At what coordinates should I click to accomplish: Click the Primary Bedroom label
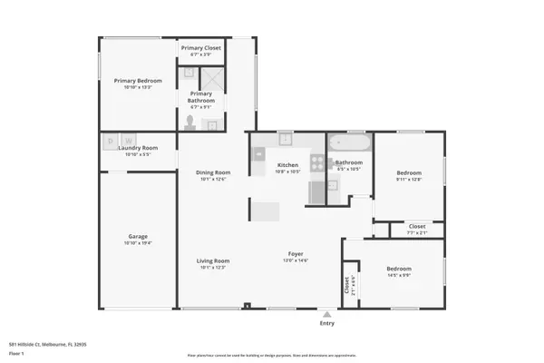[131, 81]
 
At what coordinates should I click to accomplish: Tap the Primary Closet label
[200, 47]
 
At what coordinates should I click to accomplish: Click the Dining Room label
[213, 172]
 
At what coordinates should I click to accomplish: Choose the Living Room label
[213, 261]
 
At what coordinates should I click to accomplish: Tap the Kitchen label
[287, 164]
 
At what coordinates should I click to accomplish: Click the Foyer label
[296, 255]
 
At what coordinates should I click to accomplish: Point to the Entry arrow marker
[327, 315]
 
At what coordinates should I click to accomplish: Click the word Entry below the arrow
[327, 324]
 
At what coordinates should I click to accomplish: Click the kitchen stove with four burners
[317, 162]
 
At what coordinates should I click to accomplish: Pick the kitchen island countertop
[266, 211]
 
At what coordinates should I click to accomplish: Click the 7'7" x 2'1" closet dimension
[417, 232]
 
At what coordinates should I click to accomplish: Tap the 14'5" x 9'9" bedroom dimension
[399, 275]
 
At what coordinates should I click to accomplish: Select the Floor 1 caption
[16, 352]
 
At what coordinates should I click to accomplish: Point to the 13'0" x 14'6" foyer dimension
[296, 261]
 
